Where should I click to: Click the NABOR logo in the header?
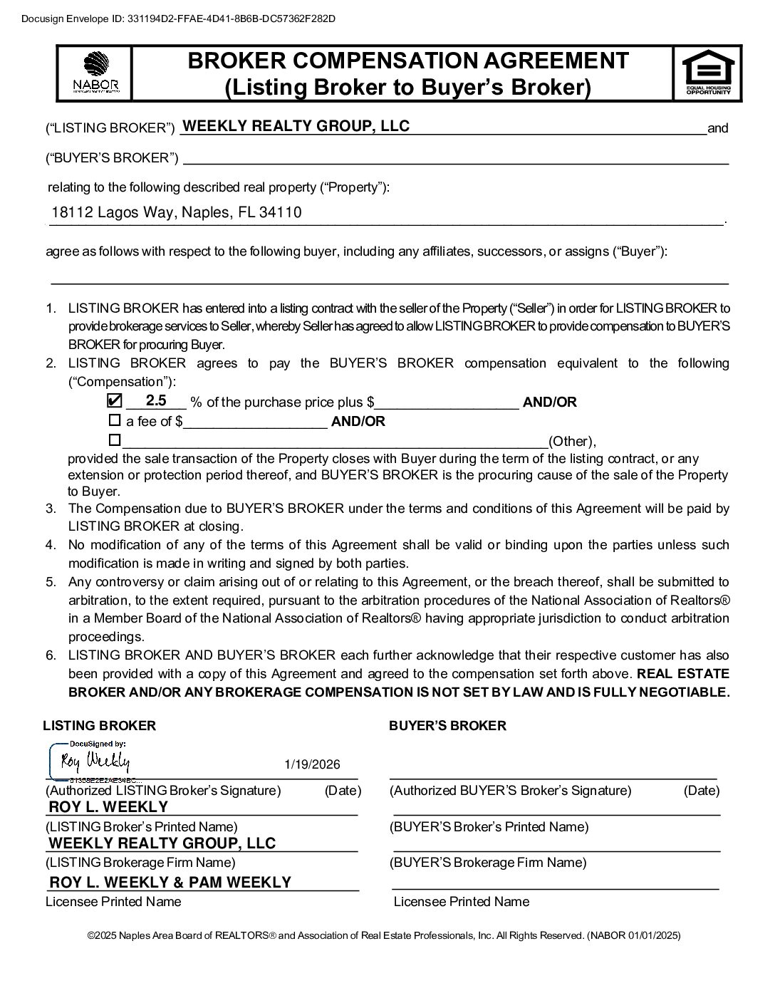point(95,73)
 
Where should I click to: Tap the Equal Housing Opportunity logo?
point(707,72)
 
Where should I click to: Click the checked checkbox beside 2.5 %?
point(114,400)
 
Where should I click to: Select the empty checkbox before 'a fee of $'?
point(114,420)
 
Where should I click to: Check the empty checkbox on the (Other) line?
point(114,440)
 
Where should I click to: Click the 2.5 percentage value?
point(156,400)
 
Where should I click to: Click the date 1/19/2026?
point(312,764)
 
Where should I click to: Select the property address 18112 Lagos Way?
point(176,212)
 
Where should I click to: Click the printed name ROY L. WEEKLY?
point(108,806)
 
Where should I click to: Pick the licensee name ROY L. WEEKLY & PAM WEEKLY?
point(170,882)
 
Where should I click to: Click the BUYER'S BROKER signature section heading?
point(447,725)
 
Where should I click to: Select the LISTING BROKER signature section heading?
point(99,725)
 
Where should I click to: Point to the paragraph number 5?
point(51,581)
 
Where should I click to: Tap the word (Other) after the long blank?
point(571,441)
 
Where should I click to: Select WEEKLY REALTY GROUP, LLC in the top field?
point(296,126)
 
